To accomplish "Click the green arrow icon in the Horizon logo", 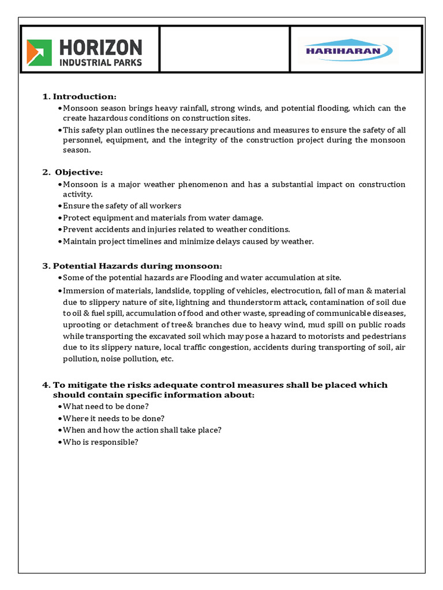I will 39,52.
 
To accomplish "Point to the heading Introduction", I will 85,96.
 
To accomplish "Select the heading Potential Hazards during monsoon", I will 137,266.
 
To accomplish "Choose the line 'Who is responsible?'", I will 100,442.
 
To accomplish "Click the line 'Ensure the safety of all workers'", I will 122,206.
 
